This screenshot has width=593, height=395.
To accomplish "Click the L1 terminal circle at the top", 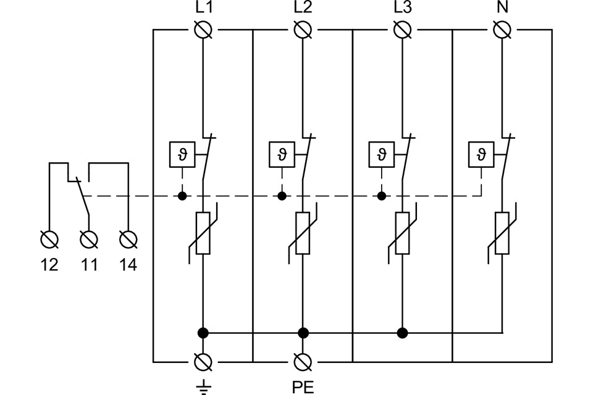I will (203, 29).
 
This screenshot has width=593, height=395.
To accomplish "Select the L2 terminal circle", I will (303, 29).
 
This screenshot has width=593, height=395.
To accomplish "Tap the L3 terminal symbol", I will (403, 29).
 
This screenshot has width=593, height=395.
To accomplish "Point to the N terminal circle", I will (502, 29).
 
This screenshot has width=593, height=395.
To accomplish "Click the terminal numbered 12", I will (49, 238).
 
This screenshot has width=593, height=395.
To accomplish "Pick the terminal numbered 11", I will (89, 238).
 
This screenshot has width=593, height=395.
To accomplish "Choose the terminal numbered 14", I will (128, 238).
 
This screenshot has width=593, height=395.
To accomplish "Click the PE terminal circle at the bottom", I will (303, 361).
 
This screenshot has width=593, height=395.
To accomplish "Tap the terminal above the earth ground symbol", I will (203, 361).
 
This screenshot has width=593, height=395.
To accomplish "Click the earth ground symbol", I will (203, 387).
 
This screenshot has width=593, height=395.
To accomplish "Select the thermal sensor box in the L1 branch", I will (182, 154).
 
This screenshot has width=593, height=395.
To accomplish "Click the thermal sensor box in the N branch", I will (481, 154).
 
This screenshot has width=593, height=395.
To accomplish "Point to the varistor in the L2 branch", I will (303, 233).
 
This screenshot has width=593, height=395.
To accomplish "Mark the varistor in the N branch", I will (502, 233).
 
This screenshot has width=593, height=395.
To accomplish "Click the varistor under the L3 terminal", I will (403, 233).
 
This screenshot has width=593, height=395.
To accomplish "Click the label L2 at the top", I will (303, 9).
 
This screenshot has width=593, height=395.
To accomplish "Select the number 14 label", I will (128, 265).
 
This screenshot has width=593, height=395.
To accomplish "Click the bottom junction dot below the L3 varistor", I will (403, 333).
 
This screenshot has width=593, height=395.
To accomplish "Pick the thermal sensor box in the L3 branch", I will (381, 154).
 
